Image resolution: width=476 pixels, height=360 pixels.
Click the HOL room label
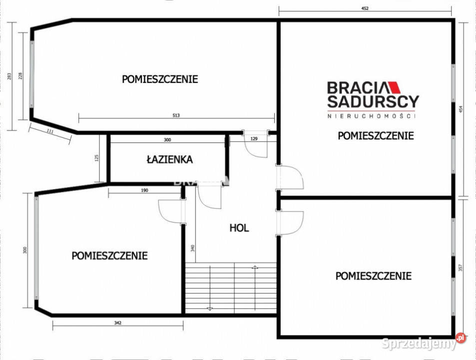239,228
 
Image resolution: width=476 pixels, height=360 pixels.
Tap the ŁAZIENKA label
169,160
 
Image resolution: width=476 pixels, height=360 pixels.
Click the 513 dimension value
176,115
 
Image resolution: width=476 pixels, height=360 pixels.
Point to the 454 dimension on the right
469,109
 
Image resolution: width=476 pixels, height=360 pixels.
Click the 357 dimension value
469,268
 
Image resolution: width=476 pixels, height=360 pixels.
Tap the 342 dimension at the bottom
117,323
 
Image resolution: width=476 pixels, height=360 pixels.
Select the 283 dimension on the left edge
9,76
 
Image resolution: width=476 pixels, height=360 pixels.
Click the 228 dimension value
20,76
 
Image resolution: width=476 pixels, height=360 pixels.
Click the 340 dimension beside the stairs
192,248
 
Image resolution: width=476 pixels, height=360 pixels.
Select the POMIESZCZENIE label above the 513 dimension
160,79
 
